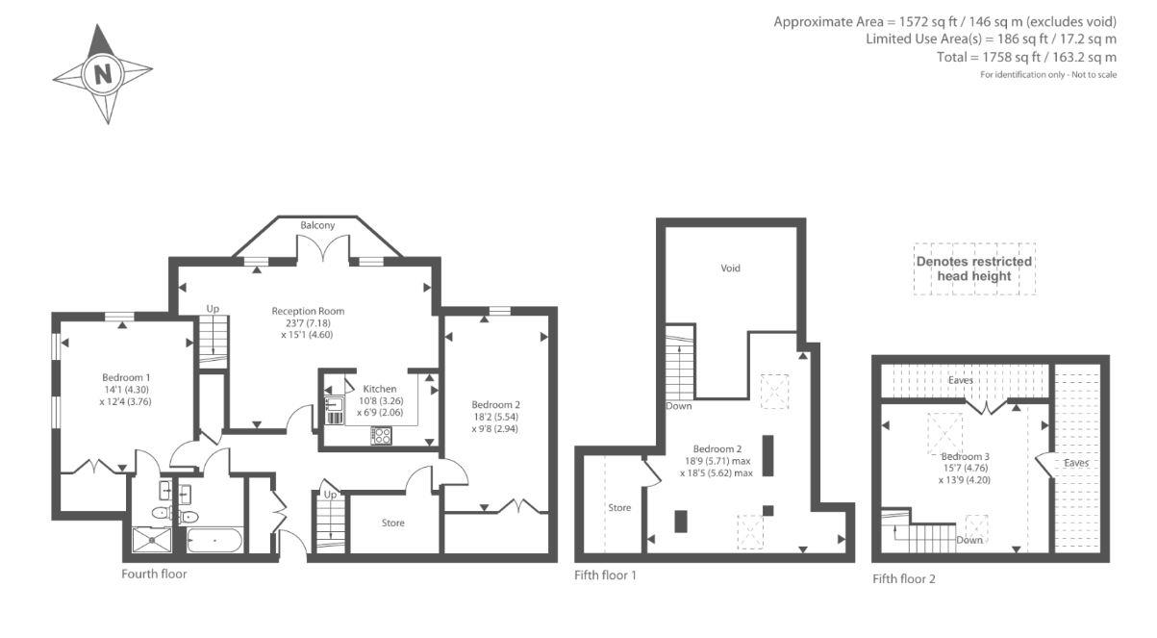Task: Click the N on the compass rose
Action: [103, 74]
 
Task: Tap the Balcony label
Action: [317, 225]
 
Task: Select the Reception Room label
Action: [308, 311]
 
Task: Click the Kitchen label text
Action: [380, 389]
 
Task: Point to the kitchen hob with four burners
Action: [382, 435]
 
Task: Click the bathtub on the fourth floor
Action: [214, 541]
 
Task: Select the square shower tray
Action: [152, 540]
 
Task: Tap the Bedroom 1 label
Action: [126, 377]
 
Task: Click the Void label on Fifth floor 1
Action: [730, 268]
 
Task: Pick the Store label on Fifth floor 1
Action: [619, 508]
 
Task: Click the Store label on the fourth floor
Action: [393, 523]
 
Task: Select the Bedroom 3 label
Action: [965, 457]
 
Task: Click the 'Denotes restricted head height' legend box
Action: [974, 268]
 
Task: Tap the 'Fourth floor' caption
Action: [154, 574]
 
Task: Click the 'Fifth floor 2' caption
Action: [904, 578]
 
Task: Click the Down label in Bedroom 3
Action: [969, 540]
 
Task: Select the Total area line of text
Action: [1027, 57]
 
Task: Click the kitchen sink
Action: [334, 403]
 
